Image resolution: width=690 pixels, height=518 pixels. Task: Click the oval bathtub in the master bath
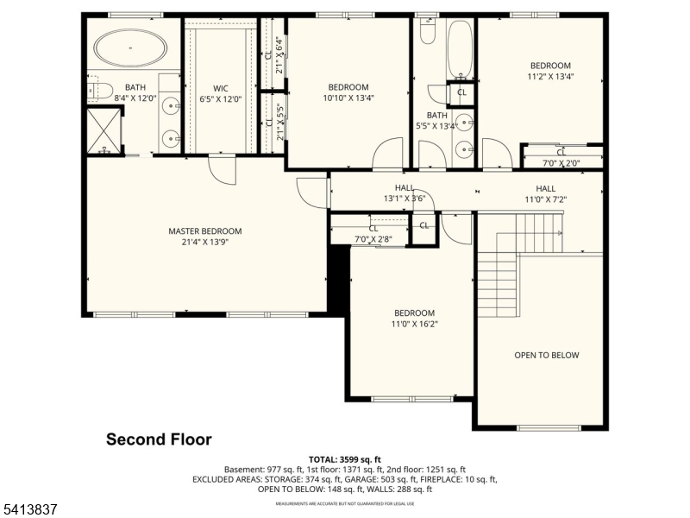(131, 48)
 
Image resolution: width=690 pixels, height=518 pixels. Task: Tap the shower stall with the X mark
(105, 129)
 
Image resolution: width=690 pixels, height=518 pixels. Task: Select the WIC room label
(220, 87)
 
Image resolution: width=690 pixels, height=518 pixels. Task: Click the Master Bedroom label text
(204, 231)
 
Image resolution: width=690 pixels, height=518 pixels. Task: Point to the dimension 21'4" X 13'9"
(204, 242)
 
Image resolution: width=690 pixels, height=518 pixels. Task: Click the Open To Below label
(547, 355)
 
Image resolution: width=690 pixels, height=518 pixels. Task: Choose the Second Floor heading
(159, 439)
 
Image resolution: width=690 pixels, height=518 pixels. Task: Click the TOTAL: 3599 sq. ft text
(345, 459)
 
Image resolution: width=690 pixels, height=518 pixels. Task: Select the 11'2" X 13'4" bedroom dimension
(550, 77)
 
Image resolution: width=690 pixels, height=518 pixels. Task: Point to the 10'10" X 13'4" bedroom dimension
(348, 98)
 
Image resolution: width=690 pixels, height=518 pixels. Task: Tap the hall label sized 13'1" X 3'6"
(405, 199)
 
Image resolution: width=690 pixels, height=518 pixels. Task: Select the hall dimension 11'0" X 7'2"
(545, 199)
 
